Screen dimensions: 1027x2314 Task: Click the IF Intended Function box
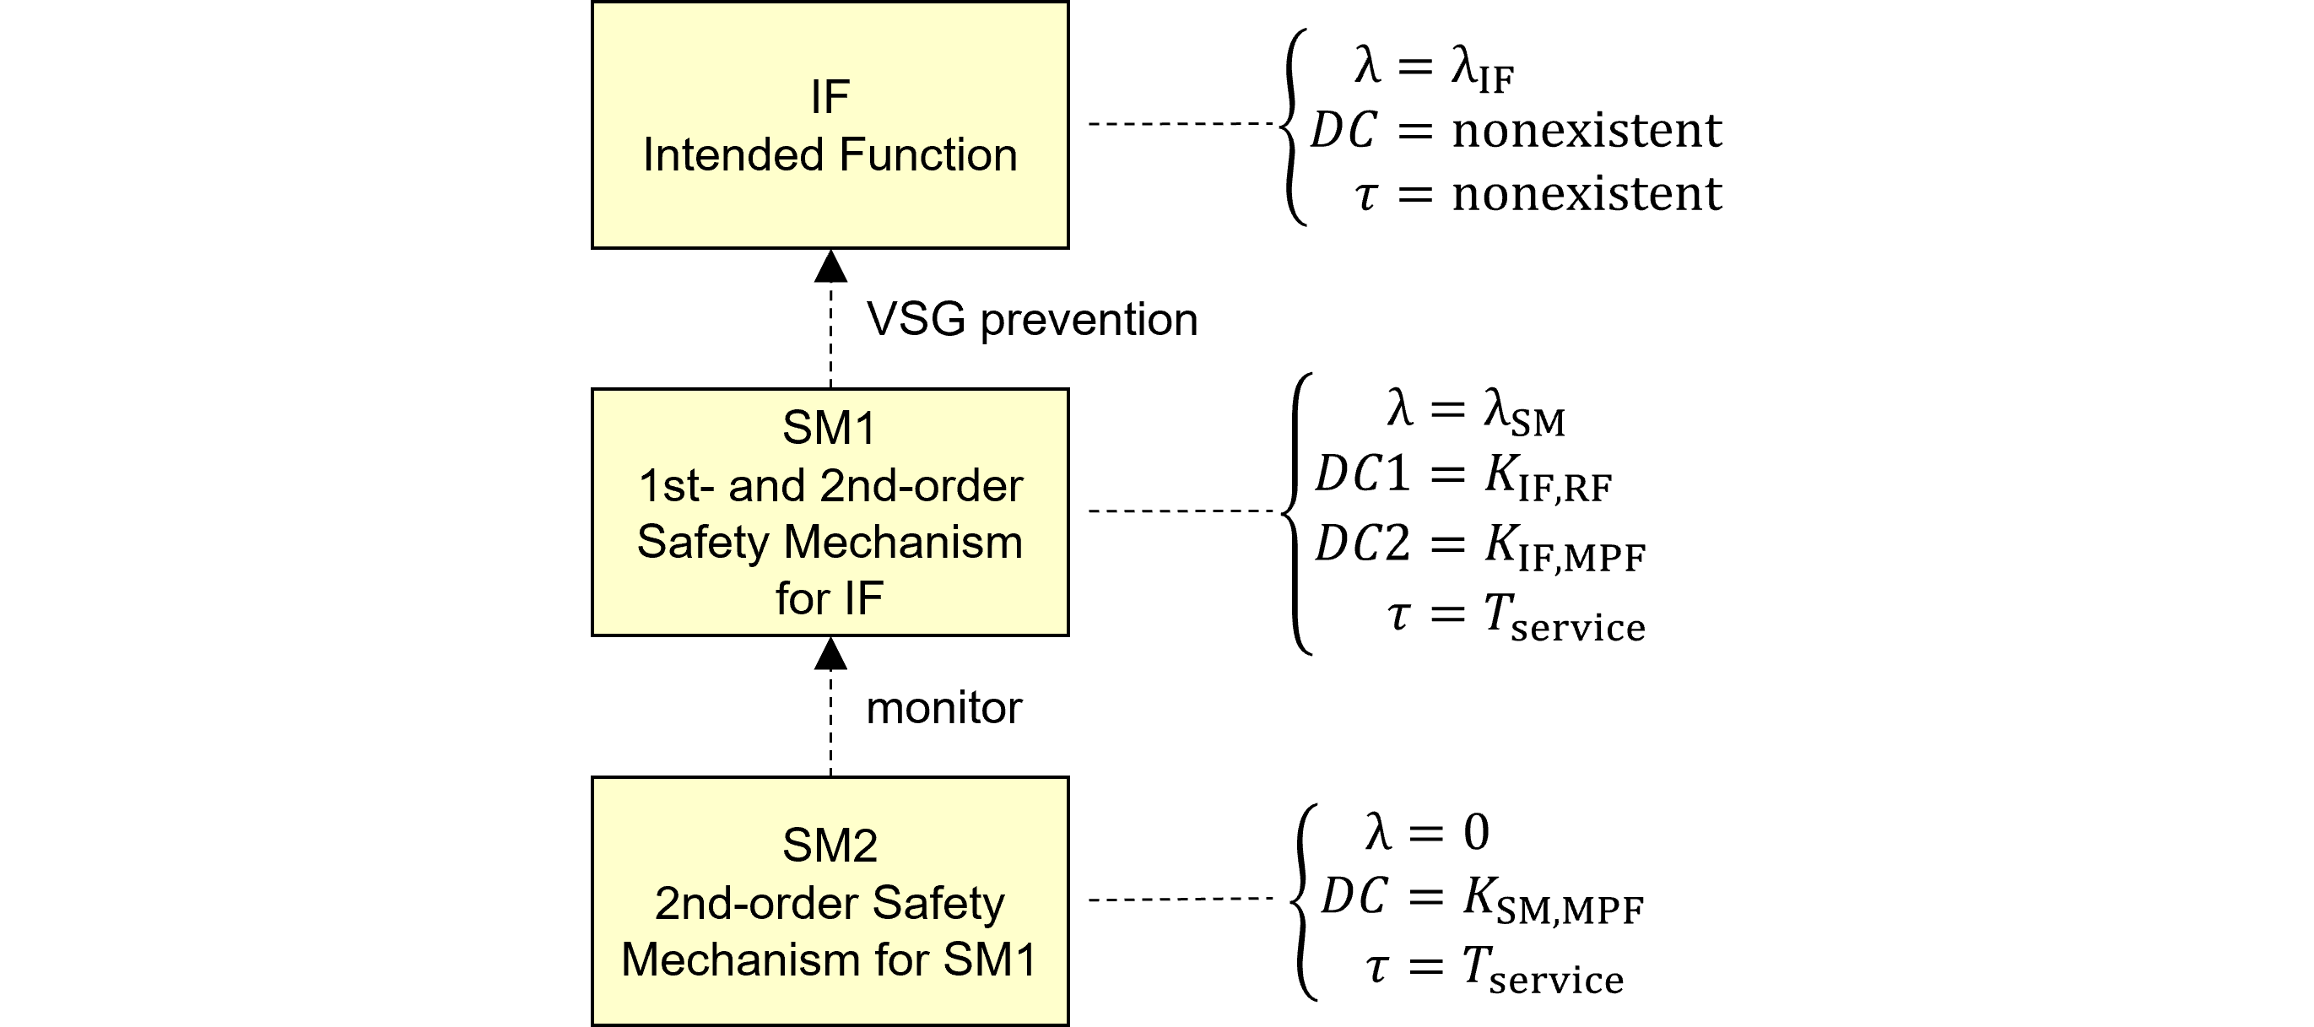pyautogui.click(x=830, y=125)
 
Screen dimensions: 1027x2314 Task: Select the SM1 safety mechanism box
pyautogui.click(x=830, y=512)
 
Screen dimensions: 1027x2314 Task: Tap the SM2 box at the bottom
pyautogui.click(x=830, y=900)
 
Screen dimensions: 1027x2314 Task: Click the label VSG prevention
pyautogui.click(x=1031, y=320)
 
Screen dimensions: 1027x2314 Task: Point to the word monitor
pyautogui.click(x=943, y=708)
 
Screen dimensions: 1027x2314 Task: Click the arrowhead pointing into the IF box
pyautogui.click(x=831, y=267)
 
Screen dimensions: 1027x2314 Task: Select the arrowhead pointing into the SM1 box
pyautogui.click(x=831, y=654)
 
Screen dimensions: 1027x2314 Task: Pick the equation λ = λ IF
pyautogui.click(x=1435, y=68)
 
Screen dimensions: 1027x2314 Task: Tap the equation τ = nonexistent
pyautogui.click(x=1538, y=194)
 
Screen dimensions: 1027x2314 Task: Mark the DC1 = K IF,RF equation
pyautogui.click(x=1463, y=476)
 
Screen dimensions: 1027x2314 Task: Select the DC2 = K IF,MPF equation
pyautogui.click(x=1479, y=546)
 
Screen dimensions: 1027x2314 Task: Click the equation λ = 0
pyautogui.click(x=1426, y=832)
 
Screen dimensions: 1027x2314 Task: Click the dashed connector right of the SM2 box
pyautogui.click(x=1181, y=899)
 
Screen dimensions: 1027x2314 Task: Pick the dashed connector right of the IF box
pyautogui.click(x=1181, y=124)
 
